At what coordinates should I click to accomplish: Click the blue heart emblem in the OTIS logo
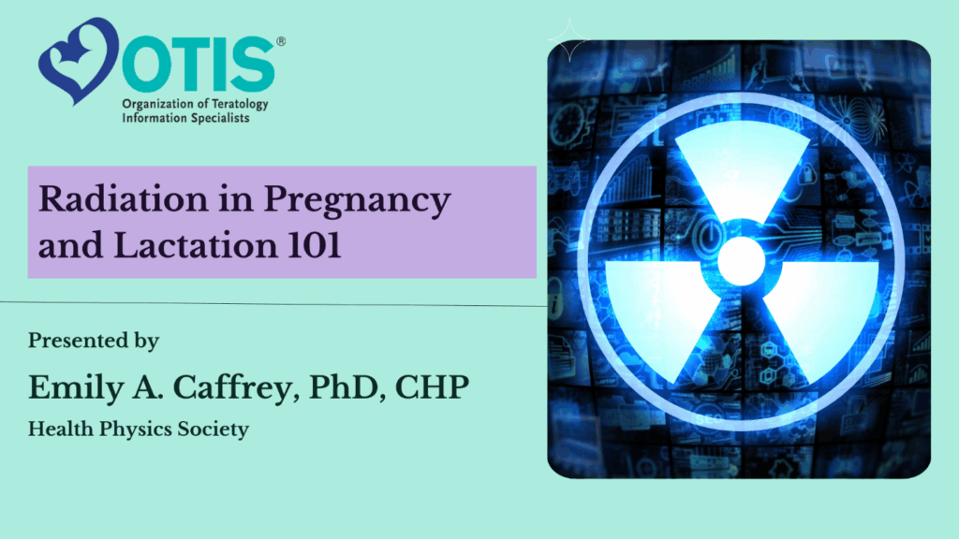tap(79, 60)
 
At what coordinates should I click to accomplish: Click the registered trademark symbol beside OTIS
tap(281, 41)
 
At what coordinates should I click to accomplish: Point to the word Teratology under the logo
tap(240, 105)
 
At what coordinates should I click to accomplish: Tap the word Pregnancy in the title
tap(357, 201)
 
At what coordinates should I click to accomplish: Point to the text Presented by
tap(94, 341)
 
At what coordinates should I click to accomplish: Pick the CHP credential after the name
tap(432, 387)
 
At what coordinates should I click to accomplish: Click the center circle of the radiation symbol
tap(742, 261)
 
